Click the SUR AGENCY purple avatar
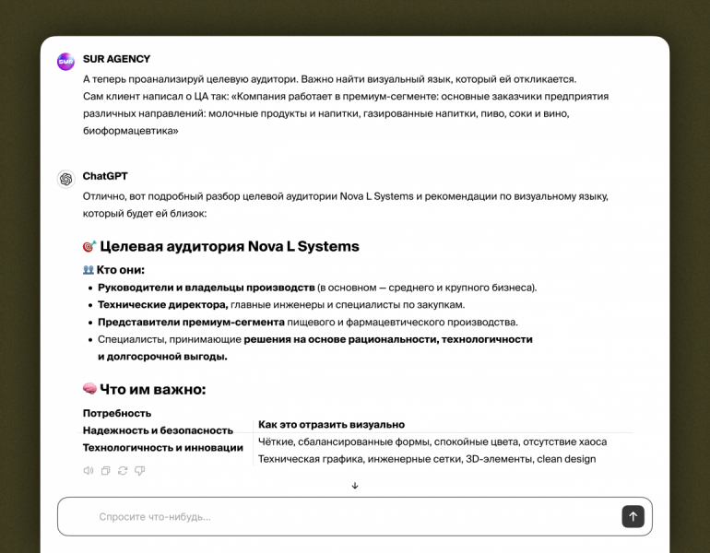(65, 62)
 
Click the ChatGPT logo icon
(65, 179)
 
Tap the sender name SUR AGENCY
(116, 59)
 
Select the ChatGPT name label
(105, 176)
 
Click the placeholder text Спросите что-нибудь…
(155, 517)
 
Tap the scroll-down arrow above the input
(355, 486)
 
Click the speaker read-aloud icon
(89, 471)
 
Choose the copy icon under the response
(106, 471)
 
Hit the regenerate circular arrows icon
(123, 471)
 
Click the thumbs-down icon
(140, 471)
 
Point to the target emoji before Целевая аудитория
(89, 247)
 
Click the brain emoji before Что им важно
(89, 389)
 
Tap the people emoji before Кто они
(89, 270)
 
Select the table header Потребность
(117, 413)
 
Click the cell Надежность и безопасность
(158, 430)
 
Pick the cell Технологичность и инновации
(163, 448)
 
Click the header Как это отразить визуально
(331, 425)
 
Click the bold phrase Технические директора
(162, 305)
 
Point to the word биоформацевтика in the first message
(130, 131)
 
